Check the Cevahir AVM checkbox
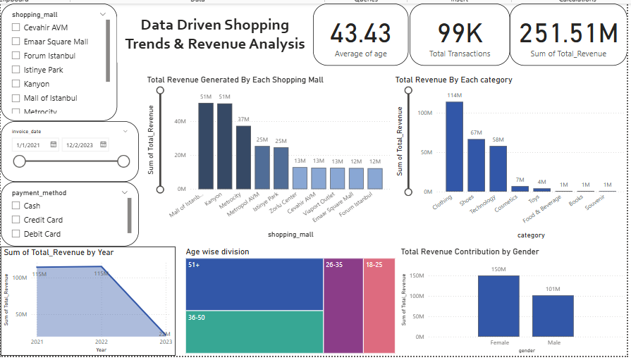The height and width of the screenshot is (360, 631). (x=16, y=27)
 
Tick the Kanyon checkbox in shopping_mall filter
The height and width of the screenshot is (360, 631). (x=16, y=84)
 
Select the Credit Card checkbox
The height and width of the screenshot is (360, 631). (x=16, y=220)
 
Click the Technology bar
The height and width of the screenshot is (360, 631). (x=498, y=168)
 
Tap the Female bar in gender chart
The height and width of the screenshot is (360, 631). (x=498, y=306)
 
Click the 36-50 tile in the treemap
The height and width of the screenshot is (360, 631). (x=254, y=331)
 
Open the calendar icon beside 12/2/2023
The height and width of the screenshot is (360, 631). (x=104, y=144)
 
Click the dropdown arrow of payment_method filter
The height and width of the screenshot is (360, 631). (x=125, y=192)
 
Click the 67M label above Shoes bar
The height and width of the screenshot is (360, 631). (x=477, y=132)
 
